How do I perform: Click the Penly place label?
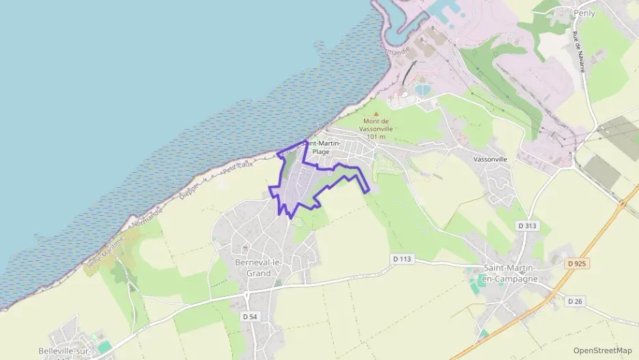point(584,13)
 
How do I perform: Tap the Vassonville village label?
point(490,158)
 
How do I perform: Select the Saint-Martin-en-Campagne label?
point(511,274)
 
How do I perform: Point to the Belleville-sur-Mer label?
point(65,352)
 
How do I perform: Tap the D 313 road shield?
point(526,226)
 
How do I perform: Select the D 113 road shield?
point(403,259)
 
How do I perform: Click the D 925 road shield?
point(577,262)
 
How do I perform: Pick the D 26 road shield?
point(574,301)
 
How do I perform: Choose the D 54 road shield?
point(250,316)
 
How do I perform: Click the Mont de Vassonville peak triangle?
point(375,114)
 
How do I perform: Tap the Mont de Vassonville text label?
point(376,124)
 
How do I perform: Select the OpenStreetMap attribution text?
point(602,350)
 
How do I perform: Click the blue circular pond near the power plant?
point(423,89)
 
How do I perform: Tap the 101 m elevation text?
point(376,137)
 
